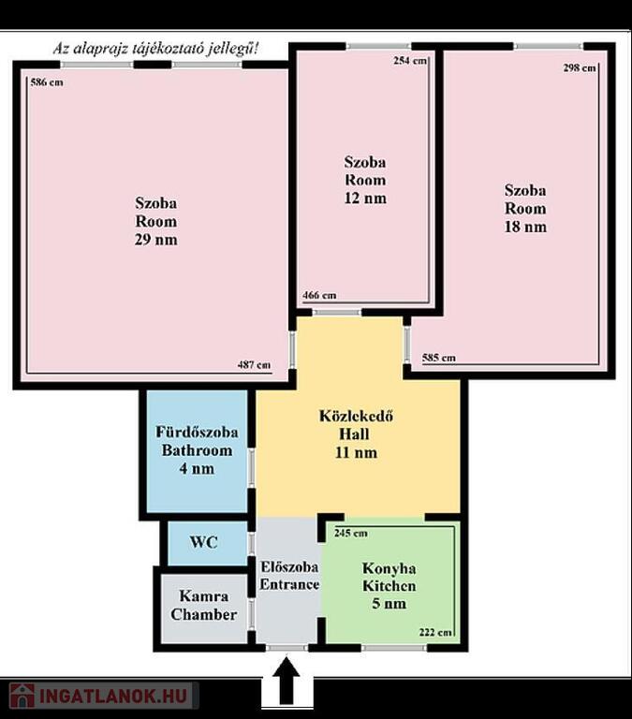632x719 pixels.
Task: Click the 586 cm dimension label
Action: coord(47,82)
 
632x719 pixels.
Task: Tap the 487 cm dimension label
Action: coord(254,365)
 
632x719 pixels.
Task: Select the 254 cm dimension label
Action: coord(410,61)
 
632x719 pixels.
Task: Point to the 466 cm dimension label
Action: coord(319,295)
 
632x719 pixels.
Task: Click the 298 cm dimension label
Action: coord(580,67)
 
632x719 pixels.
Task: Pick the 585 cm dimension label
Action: coord(439,358)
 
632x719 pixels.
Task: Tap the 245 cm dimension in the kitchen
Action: coord(351,533)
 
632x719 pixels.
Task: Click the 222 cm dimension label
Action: coord(435,632)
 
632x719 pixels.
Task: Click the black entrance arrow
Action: coord(287,681)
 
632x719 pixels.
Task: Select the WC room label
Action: coord(203,542)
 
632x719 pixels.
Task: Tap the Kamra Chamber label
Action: coord(203,606)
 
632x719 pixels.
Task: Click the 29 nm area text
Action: coord(156,240)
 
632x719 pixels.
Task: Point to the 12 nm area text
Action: coord(365,198)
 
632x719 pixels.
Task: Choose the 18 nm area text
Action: coord(525,227)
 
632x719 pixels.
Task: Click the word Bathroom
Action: coord(197,450)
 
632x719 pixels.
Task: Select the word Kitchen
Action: coord(389,585)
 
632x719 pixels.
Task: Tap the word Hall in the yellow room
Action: coord(354,433)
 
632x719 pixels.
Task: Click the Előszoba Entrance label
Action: coord(289,576)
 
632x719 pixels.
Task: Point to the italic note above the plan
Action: coord(155,48)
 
